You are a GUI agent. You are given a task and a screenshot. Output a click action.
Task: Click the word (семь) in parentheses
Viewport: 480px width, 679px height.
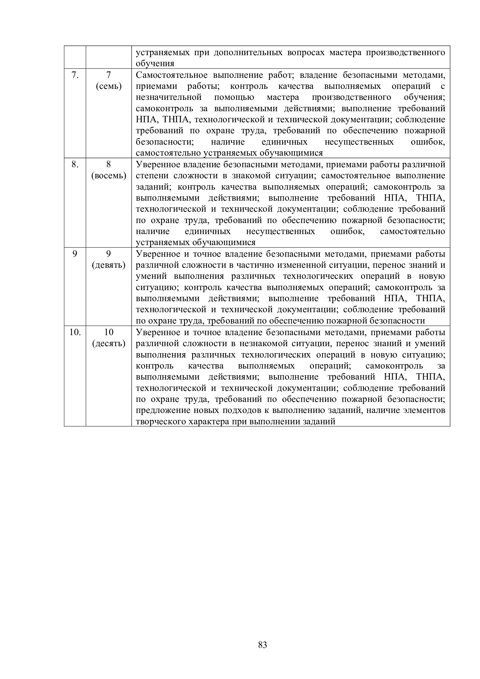click(109, 86)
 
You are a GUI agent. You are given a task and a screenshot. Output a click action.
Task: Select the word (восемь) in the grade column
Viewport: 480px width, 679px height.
click(109, 176)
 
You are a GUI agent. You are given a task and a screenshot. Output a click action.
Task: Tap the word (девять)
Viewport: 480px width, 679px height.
click(109, 265)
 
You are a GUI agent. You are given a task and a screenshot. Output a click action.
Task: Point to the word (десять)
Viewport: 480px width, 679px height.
click(109, 344)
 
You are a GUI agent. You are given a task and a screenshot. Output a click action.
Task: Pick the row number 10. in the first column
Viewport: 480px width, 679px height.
click(75, 333)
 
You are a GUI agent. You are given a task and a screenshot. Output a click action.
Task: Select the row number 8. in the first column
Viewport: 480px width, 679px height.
click(75, 164)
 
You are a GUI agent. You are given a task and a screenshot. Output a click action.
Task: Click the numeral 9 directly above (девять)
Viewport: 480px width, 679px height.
click(109, 254)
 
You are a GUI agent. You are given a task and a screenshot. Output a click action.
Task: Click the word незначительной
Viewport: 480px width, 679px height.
click(169, 97)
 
